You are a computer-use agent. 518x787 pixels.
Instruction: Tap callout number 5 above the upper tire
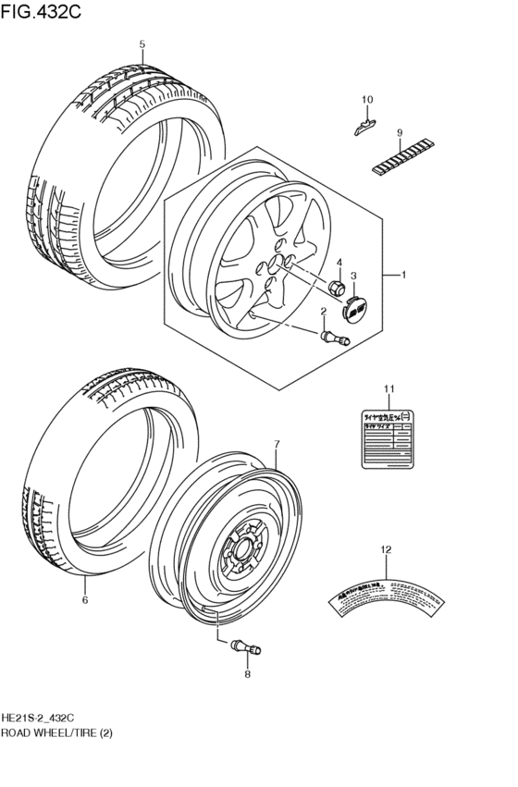click(x=142, y=44)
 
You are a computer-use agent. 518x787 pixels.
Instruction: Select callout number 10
click(x=366, y=100)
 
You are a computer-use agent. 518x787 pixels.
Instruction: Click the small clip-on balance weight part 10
click(x=366, y=124)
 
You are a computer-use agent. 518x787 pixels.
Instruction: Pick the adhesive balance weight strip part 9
click(x=402, y=159)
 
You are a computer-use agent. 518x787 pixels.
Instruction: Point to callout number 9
click(x=401, y=132)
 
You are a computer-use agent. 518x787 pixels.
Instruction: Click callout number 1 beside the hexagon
click(x=403, y=275)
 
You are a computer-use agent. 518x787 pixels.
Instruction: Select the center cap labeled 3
click(x=355, y=306)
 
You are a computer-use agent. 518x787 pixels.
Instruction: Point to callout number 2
click(x=324, y=311)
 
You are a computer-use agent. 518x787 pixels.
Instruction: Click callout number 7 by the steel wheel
click(x=275, y=446)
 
